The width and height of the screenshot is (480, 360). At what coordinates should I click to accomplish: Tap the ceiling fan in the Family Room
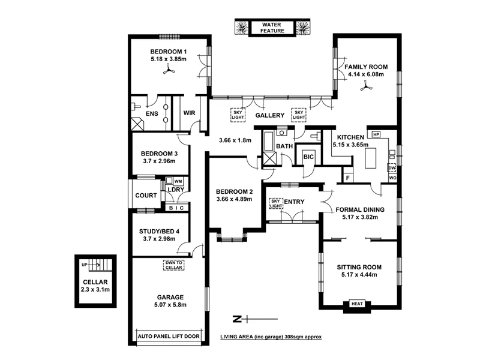(x=364, y=88)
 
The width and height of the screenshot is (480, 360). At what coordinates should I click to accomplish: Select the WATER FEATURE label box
(x=272, y=28)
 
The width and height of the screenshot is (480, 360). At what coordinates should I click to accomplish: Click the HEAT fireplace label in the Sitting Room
(x=357, y=304)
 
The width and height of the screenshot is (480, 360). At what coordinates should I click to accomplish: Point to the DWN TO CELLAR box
(x=174, y=265)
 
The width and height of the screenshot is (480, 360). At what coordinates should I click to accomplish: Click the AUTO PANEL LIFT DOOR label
(x=169, y=337)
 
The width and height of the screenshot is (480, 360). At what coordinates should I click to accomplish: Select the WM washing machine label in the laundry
(x=178, y=181)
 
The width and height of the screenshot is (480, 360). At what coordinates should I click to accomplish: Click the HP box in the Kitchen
(x=377, y=135)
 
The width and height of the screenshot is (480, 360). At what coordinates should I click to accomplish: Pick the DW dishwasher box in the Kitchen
(x=392, y=168)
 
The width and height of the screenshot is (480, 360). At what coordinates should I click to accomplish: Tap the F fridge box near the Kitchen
(x=347, y=178)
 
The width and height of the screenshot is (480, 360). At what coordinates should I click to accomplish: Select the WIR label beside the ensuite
(x=189, y=112)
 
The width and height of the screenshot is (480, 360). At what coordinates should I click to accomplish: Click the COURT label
(x=146, y=196)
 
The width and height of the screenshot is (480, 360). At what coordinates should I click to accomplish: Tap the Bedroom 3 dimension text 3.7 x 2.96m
(x=160, y=161)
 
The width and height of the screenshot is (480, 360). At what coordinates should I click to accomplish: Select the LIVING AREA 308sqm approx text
(x=271, y=337)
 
